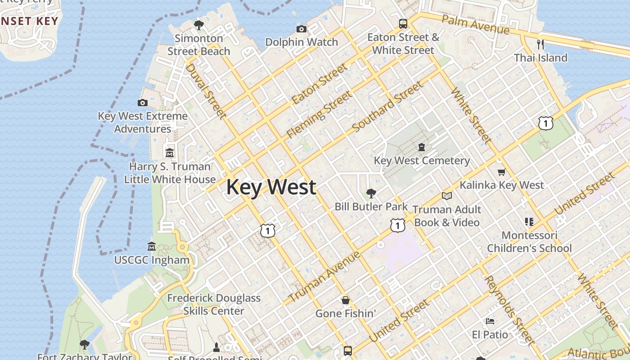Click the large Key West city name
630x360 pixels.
pos(271,187)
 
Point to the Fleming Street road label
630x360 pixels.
pos(319,114)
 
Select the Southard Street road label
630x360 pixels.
pos(388,107)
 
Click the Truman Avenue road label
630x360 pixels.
pos(324,277)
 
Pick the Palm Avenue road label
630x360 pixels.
pos(475,24)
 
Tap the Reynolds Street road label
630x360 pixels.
pos(510,310)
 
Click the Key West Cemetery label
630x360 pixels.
pos(422,161)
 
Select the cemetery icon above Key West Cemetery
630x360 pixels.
pos(422,147)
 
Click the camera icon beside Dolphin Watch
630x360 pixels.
pos(301,29)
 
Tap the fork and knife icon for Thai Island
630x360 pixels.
pos(540,44)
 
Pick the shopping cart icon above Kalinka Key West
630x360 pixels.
pos(501,172)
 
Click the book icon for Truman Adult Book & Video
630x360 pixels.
pos(446,196)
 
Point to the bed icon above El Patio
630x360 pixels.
pos(490,321)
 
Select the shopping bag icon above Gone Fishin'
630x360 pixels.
pos(346,300)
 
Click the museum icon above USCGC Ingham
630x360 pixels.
pos(152,247)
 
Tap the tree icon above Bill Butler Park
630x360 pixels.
pos(371,193)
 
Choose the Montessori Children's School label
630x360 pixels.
pos(529,242)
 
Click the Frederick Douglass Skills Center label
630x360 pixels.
pos(214,304)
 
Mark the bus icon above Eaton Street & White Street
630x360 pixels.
pos(403,24)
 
